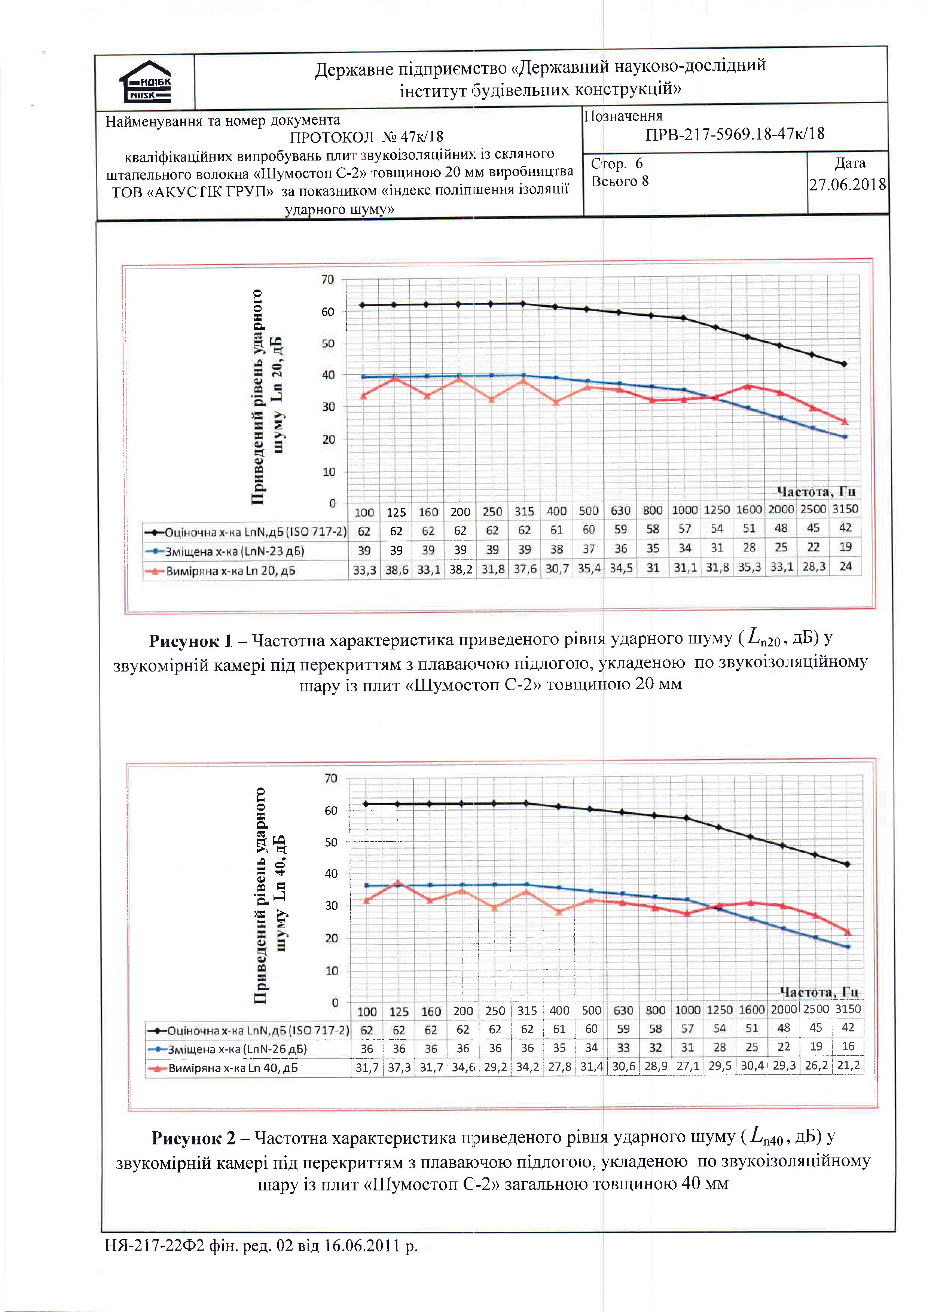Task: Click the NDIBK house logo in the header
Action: click(x=145, y=81)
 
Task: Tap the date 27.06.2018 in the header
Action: click(x=848, y=184)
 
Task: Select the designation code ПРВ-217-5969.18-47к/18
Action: click(x=735, y=134)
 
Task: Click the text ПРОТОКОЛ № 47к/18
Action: click(x=366, y=137)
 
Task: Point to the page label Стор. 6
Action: click(x=617, y=164)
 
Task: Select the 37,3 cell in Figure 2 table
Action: click(x=399, y=1067)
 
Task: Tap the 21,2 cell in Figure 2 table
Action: click(x=848, y=1065)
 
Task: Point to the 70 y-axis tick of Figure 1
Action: click(x=327, y=279)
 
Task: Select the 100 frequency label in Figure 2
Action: click(x=367, y=1012)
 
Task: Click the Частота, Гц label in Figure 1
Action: click(x=816, y=492)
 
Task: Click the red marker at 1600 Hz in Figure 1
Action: click(x=748, y=387)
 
